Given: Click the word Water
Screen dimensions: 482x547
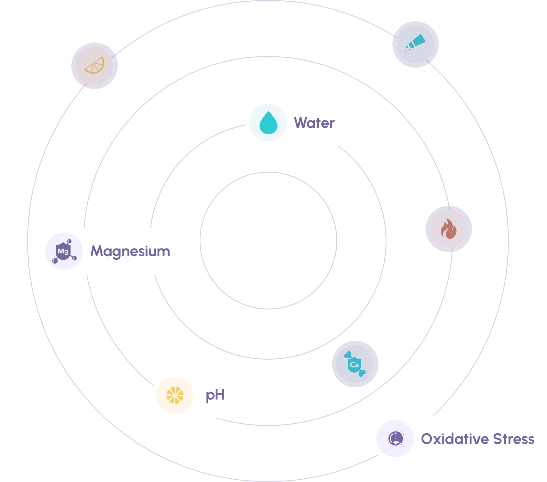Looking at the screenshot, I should click(314, 123).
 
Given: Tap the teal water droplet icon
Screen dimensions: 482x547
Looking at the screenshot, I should click(268, 123).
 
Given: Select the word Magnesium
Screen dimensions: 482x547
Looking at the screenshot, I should click(130, 251).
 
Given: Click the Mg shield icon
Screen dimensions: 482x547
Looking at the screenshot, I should click(64, 251).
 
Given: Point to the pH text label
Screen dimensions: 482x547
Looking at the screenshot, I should click(215, 395).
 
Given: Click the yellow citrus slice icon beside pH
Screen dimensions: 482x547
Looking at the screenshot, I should click(175, 395).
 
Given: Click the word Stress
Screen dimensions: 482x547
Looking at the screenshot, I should click(514, 439).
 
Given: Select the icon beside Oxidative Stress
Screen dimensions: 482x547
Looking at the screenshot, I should click(396, 439).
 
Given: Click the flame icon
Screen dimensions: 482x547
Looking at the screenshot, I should click(448, 229).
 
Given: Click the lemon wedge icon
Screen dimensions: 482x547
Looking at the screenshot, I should click(95, 66).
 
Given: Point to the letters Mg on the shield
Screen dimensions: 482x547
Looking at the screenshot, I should click(63, 251).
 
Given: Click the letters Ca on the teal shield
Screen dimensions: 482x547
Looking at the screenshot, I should click(354, 365).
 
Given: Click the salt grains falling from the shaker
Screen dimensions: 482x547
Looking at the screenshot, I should click(408, 50).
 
